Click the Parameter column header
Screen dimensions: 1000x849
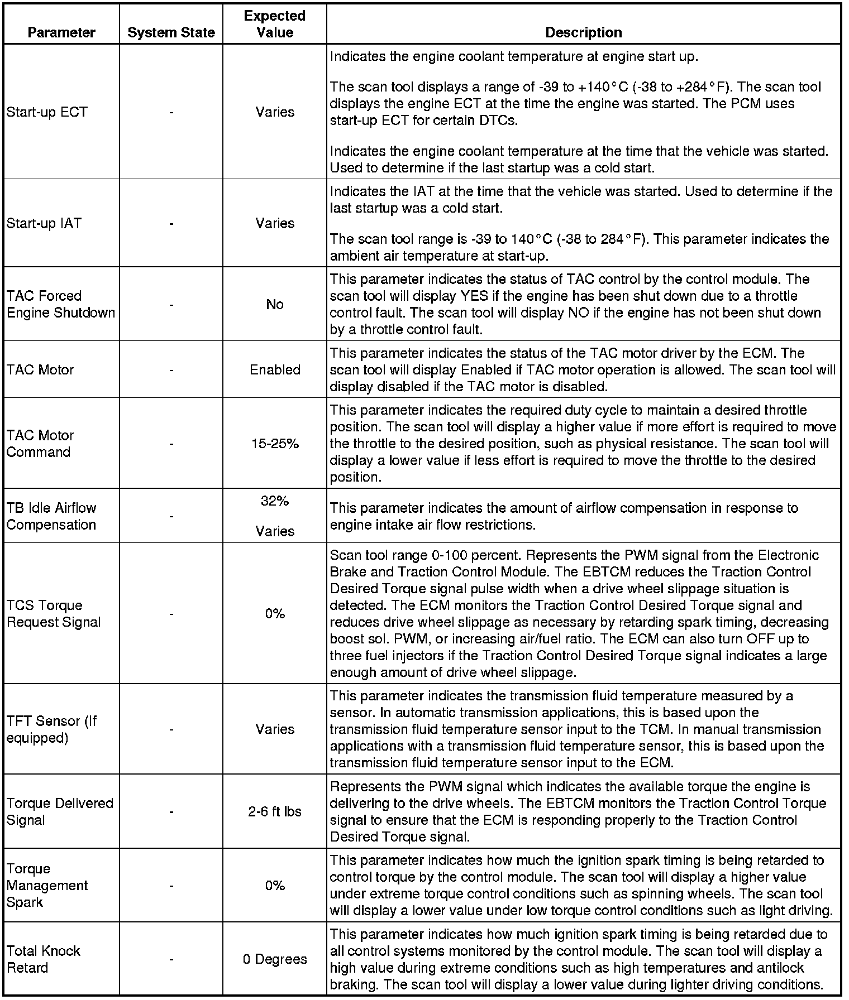[x=61, y=32]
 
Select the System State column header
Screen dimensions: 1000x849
[x=171, y=32]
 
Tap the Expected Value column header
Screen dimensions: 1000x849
[x=275, y=24]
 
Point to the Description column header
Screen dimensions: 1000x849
[x=583, y=32]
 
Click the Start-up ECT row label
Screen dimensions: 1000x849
[x=47, y=112]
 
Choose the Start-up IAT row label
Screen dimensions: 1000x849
[x=44, y=223]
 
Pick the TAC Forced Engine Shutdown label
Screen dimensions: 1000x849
[x=60, y=304]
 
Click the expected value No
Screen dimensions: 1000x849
[x=275, y=304]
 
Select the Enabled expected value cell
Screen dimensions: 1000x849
[x=275, y=369]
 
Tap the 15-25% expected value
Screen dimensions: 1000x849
[x=275, y=444]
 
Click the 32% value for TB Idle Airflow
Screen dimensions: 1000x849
[x=275, y=501]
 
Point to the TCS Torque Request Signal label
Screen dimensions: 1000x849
[x=54, y=614]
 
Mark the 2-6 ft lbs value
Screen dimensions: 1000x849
[x=275, y=811]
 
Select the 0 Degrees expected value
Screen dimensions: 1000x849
[x=275, y=959]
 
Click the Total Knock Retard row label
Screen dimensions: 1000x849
[x=44, y=959]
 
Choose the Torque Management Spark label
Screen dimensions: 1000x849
[x=47, y=886]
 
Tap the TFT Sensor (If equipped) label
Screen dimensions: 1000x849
[x=51, y=729]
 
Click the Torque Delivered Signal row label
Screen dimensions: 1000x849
[x=59, y=811]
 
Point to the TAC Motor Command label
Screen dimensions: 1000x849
[x=40, y=444]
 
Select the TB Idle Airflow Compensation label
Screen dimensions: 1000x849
[x=51, y=516]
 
